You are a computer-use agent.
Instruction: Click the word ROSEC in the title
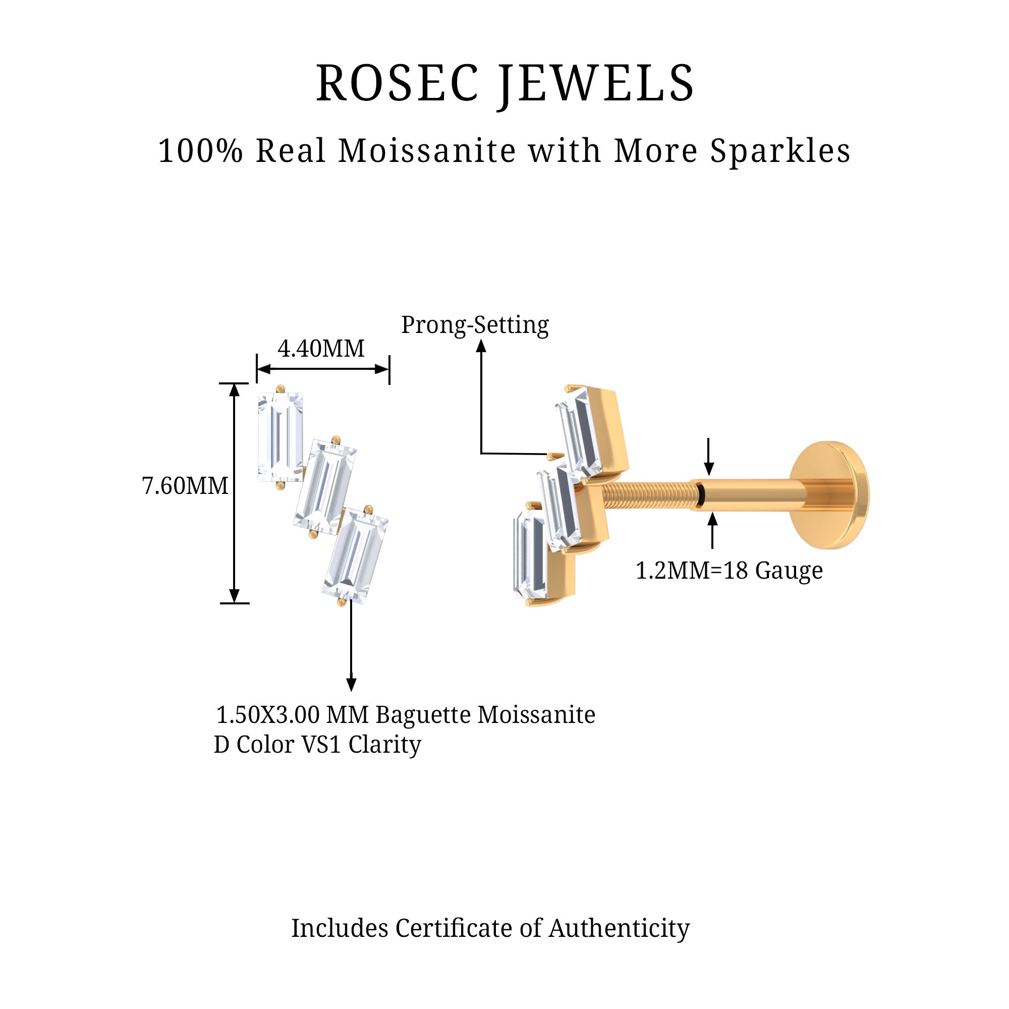coord(397,84)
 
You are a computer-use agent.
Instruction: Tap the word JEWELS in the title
coord(596,84)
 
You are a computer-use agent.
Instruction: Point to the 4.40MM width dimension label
coord(321,348)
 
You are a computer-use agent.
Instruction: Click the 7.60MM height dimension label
coord(185,486)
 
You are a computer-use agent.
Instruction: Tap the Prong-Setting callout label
coord(475,325)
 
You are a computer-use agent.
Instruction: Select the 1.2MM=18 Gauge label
coord(728,570)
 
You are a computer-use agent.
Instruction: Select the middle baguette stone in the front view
coord(324,487)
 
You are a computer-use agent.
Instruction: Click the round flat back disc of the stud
coord(830,494)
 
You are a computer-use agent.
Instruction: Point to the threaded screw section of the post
coord(650,495)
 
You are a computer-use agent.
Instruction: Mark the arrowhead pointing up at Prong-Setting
coord(481,346)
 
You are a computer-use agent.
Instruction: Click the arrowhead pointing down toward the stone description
coord(352,684)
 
